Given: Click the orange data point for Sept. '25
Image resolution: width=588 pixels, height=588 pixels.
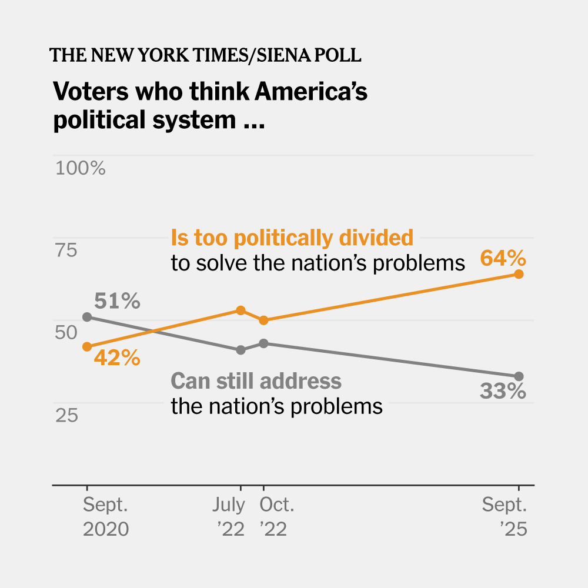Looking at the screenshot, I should point(519,274).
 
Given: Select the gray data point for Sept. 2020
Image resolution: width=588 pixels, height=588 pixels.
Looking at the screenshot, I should point(87,317).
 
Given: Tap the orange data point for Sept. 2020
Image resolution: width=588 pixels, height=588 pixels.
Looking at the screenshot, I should point(87,346).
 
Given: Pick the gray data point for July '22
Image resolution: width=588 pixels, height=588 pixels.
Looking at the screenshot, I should point(240,350).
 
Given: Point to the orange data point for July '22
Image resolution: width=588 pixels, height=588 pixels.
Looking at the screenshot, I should point(240,310).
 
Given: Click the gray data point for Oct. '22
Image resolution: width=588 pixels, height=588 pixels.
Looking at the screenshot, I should point(263,343).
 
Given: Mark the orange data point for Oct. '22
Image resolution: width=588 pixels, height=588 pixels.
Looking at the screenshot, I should point(263,320).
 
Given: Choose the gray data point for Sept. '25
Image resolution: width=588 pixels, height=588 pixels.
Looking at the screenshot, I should point(519,376).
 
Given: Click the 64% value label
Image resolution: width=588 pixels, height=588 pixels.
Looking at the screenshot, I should point(502,258).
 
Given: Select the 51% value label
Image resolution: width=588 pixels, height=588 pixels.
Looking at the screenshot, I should point(117,302).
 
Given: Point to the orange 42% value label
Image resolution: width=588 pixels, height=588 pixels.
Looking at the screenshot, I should point(117,358).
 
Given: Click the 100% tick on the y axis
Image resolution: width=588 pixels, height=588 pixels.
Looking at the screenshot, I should point(80,169).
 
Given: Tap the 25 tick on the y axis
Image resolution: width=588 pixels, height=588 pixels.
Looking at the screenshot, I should point(66,416).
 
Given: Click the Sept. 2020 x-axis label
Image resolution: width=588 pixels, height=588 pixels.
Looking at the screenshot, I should point(105,517).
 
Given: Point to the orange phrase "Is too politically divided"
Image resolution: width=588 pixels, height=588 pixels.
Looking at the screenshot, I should point(292,238).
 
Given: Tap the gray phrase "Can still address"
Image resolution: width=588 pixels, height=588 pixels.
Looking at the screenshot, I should point(256,381).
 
